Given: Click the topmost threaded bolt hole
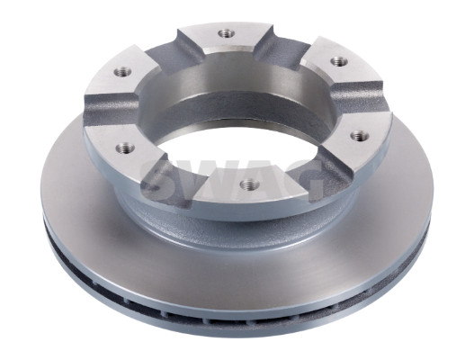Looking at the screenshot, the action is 226,33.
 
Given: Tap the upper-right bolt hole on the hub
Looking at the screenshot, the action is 338,61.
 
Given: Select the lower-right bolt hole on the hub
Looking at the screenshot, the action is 360,136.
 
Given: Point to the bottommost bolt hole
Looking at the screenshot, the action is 248,184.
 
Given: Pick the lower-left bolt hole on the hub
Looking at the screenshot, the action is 126,148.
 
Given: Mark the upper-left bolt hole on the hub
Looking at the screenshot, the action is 122,72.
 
